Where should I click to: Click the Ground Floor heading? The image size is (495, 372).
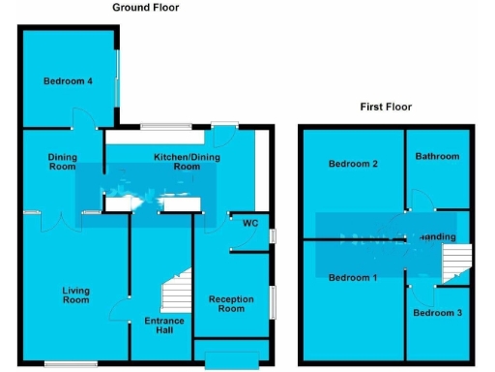tap(145, 7)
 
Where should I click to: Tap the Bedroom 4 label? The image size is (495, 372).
tap(68, 81)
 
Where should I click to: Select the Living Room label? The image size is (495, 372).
tap(76, 294)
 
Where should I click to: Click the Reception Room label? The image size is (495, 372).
tap(231, 304)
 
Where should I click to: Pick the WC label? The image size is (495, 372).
tap(250, 224)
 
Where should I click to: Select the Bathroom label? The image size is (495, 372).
tap(437, 156)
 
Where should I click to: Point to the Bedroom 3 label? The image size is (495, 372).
tap(437, 313)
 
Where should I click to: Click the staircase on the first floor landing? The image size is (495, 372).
tap(455, 263)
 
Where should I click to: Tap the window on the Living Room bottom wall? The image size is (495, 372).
tap(70, 363)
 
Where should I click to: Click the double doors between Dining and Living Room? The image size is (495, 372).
tap(65, 221)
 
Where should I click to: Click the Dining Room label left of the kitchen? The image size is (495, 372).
tap(62, 161)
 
